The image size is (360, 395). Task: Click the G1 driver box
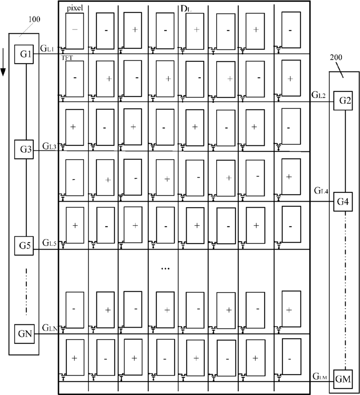pos(24,54)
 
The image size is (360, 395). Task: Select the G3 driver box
pos(24,150)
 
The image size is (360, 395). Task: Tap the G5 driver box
pos(24,245)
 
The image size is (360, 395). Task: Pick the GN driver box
pos(24,334)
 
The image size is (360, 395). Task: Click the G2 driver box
pos(343,101)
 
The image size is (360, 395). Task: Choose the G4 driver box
pos(343,202)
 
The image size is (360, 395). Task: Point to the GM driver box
pos(343,379)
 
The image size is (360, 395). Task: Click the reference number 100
pos(34,19)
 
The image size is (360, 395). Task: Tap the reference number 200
pos(336,57)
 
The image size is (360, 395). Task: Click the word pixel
pos(75,8)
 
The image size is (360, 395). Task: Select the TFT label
pos(67,58)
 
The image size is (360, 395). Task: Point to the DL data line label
pos(186,9)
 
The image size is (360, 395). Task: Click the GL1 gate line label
pos(47,48)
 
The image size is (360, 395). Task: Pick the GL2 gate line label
pos(319,95)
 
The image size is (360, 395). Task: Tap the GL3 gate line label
pos(49,146)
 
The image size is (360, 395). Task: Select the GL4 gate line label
pos(321,191)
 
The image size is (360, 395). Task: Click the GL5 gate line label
pos(49,243)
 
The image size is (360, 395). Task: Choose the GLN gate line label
pos(50,328)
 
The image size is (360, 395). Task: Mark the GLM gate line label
pos(320,376)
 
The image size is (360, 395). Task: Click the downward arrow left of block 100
pos(3,62)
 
